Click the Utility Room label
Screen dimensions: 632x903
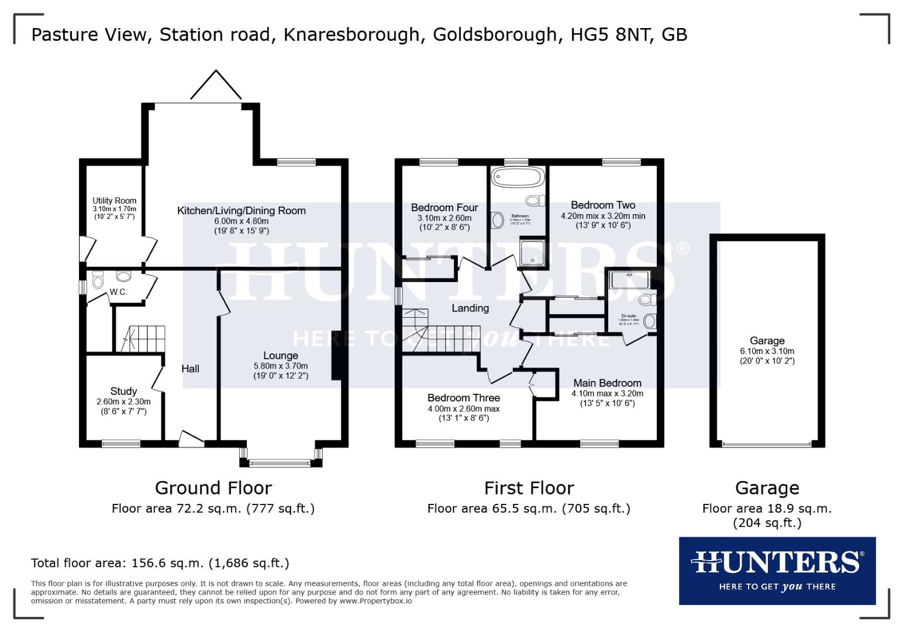coord(114,201)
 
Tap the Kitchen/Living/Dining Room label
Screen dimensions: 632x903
coord(241,211)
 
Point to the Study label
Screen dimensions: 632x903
coord(123,391)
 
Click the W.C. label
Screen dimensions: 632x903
coord(119,292)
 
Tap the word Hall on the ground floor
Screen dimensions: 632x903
coord(190,369)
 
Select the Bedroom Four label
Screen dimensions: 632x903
coord(444,208)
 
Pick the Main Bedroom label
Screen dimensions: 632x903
coord(607,383)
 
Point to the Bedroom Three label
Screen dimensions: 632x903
coord(464,398)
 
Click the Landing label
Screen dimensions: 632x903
coord(470,308)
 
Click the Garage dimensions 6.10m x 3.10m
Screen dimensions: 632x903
coord(767,351)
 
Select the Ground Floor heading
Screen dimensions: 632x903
coord(213,487)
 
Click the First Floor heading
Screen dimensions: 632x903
coord(529,487)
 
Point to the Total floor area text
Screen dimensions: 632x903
coord(160,563)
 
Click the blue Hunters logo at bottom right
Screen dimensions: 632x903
coord(777,570)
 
